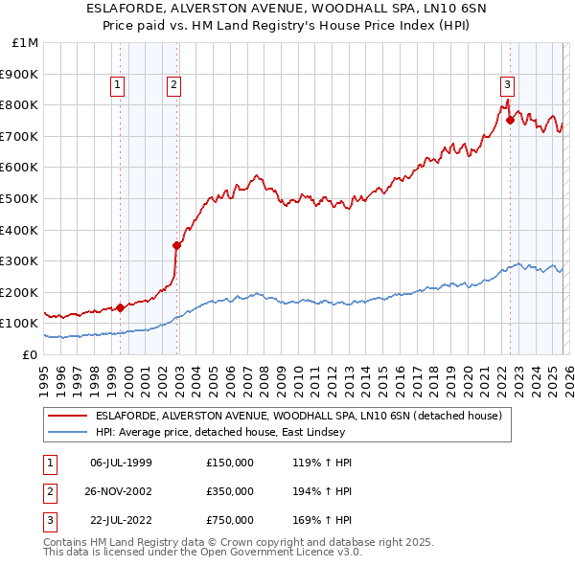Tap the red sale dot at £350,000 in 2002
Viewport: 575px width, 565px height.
(177, 245)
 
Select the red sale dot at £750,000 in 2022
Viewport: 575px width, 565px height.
(510, 120)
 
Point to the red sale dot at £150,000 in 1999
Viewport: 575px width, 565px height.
(120, 307)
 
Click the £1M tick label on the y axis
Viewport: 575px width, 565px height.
(25, 42)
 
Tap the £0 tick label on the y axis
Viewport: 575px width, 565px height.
(29, 354)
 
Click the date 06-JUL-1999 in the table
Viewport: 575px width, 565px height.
(121, 463)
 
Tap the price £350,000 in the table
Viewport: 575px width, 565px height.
(230, 492)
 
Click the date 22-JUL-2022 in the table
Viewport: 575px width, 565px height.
(121, 522)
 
